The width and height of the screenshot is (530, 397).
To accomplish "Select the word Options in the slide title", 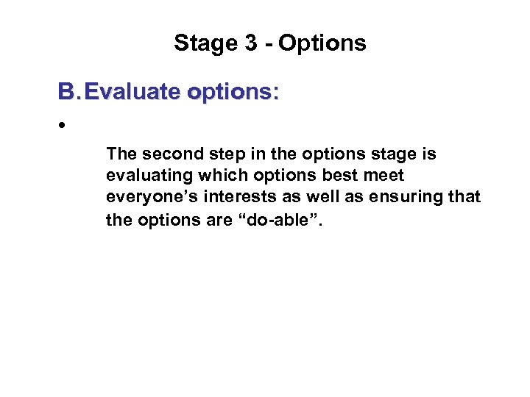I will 322,43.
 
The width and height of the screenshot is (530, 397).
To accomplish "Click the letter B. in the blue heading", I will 68,92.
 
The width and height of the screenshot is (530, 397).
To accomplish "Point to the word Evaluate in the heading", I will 134,92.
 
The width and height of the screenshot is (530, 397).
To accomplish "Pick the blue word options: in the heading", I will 233,92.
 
